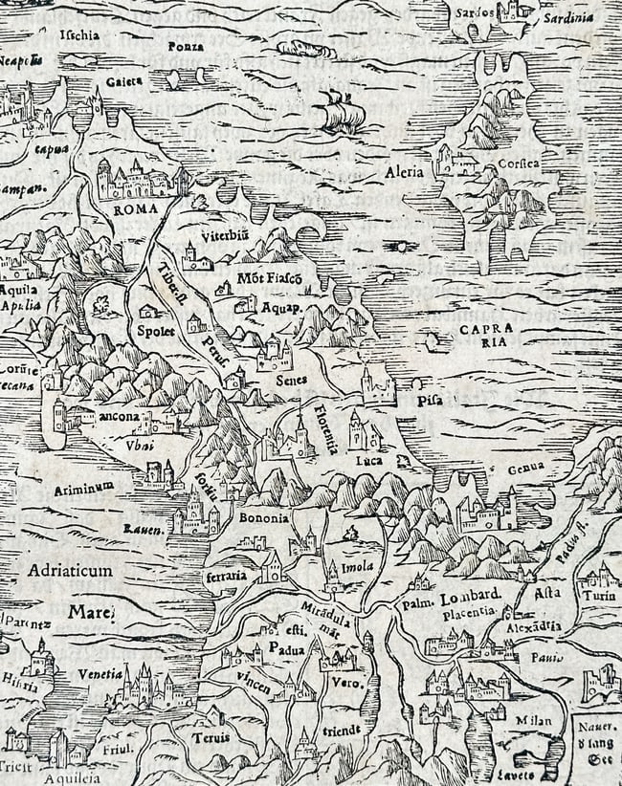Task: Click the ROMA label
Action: [135, 208]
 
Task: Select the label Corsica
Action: [519, 164]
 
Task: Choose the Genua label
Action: [526, 468]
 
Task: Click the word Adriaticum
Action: [71, 570]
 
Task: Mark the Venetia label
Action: [100, 673]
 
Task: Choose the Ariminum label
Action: [84, 487]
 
